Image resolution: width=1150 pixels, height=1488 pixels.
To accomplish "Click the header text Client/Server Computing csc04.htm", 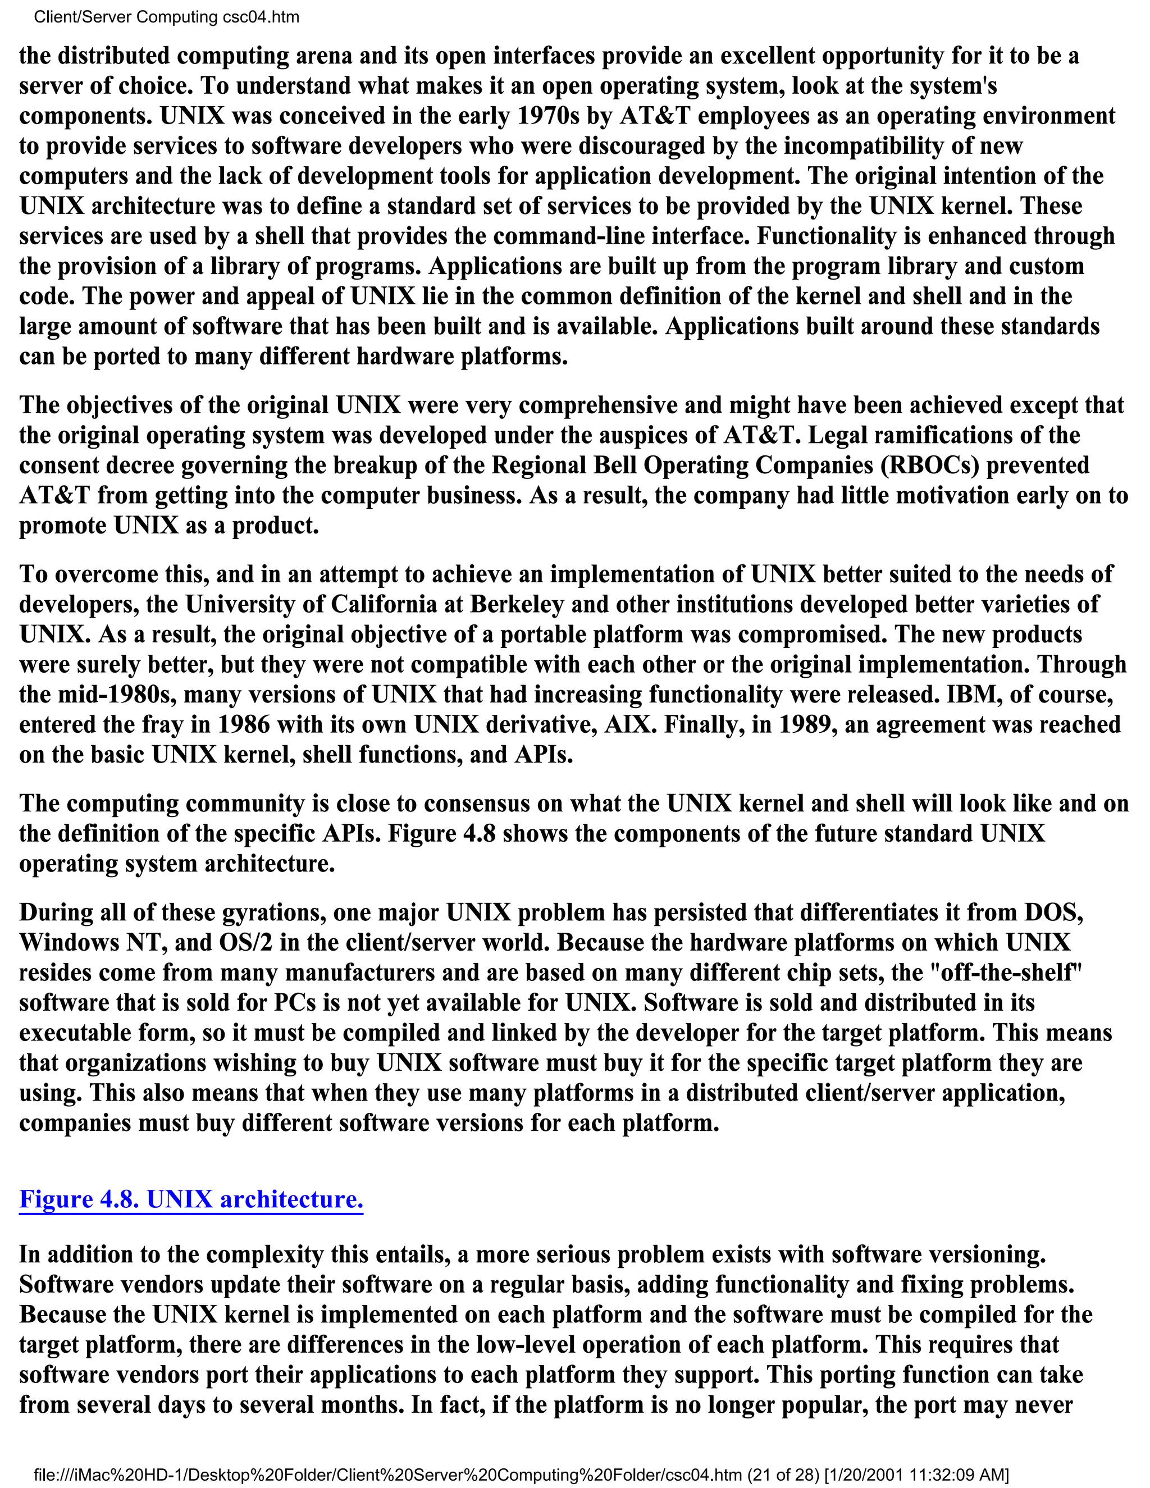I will (x=166, y=17).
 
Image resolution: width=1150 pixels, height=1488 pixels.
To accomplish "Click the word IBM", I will (x=970, y=694).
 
